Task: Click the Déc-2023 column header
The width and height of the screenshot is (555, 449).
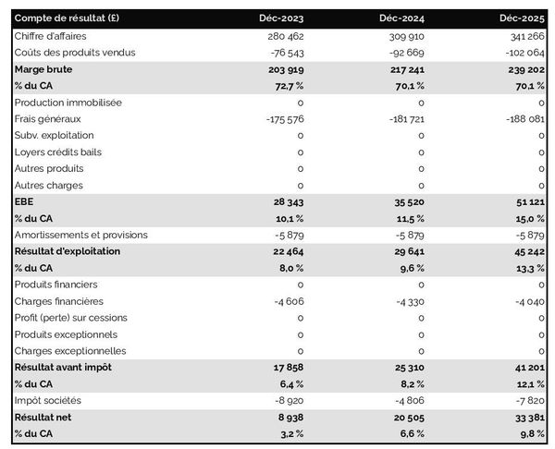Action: click(x=284, y=18)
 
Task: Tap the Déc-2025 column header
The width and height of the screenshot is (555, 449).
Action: click(x=522, y=18)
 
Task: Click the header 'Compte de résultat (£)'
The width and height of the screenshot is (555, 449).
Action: click(x=67, y=18)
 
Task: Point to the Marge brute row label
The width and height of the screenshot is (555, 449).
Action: click(x=43, y=68)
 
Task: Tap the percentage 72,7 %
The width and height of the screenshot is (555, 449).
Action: click(x=287, y=85)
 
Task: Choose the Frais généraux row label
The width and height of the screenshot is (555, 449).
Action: click(x=49, y=118)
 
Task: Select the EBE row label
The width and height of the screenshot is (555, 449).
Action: click(x=25, y=201)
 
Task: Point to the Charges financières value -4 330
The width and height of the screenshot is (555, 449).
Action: click(x=406, y=301)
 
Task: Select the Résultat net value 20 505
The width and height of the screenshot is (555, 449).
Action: click(x=405, y=418)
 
